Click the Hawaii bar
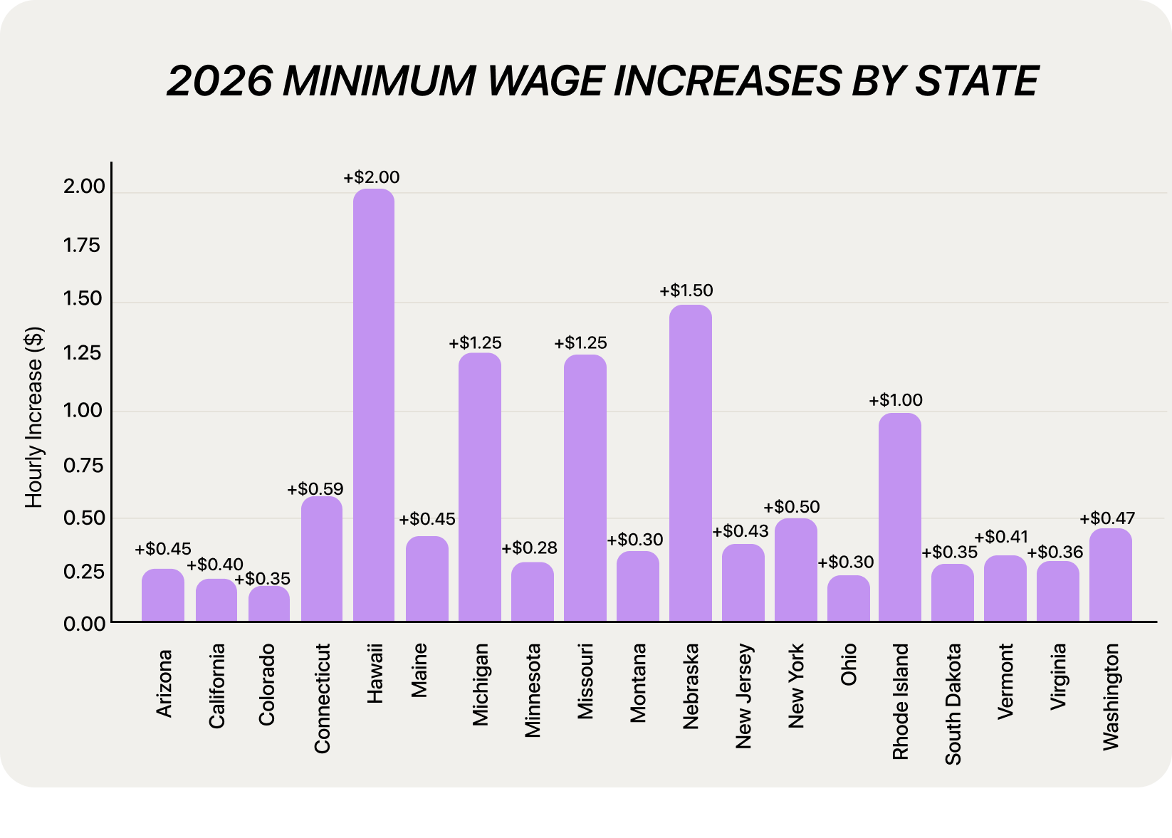point(374,406)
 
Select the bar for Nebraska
point(690,463)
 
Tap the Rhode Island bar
point(899,517)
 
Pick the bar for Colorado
point(269,604)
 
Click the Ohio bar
point(848,598)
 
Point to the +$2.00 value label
point(372,177)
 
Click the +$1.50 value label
point(686,290)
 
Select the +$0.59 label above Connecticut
point(315,489)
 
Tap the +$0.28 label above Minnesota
point(530,548)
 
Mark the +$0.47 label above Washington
point(1107,518)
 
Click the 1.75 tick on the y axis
point(83,246)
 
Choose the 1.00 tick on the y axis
point(83,411)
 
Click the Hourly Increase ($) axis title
point(34,417)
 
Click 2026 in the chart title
point(219,80)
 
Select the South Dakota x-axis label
point(953,703)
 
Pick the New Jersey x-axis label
point(743,696)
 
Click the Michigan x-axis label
point(481,684)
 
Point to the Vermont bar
point(1005,588)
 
